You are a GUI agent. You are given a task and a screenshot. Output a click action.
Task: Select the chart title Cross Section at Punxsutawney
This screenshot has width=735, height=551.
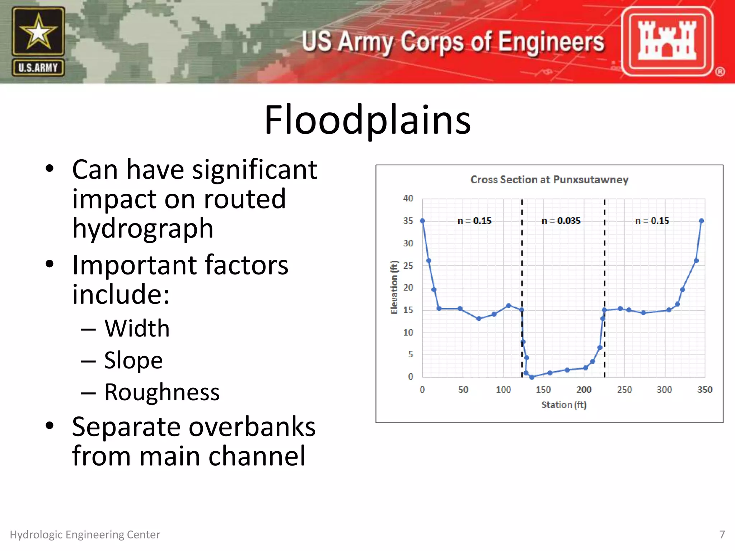(549, 180)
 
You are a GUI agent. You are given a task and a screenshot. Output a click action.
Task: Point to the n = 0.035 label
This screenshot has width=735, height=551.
(561, 221)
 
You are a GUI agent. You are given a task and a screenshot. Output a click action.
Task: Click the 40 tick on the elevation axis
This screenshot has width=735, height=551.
(408, 198)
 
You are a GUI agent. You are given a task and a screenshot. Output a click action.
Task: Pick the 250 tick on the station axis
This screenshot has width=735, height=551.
(624, 390)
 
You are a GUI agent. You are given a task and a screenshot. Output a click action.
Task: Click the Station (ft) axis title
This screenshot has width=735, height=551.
(563, 405)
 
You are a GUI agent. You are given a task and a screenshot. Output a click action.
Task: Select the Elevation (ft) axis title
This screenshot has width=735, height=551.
(394, 287)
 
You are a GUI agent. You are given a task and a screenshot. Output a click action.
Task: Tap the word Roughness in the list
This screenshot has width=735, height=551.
(162, 392)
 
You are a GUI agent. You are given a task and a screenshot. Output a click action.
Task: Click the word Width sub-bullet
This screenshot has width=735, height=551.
(137, 328)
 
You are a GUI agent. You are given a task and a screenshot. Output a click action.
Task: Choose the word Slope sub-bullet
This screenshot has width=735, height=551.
(133, 360)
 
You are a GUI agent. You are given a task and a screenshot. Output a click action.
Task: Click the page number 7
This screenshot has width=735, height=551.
(722, 534)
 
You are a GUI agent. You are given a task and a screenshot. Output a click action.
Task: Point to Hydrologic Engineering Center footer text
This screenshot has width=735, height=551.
(85, 534)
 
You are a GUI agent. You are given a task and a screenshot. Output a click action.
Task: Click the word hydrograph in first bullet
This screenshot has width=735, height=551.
(142, 228)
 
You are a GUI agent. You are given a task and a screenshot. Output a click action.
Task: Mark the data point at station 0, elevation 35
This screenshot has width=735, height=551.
(422, 221)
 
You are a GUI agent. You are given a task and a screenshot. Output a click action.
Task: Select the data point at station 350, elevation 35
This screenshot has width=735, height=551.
(702, 221)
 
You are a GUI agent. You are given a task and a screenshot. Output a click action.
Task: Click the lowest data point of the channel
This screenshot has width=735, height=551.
(532, 377)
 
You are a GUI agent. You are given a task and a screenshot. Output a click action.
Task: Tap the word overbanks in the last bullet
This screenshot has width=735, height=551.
(252, 427)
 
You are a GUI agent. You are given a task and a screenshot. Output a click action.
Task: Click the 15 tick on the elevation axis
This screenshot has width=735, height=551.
(408, 310)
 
